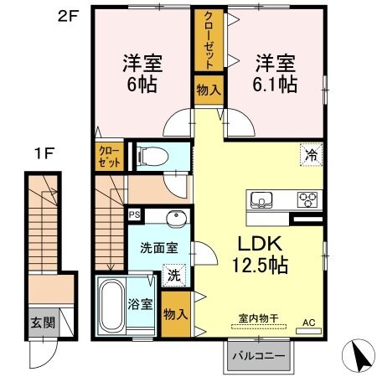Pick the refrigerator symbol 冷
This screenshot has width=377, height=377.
pyautogui.click(x=311, y=154)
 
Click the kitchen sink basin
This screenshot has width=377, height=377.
pyautogui.click(x=260, y=199)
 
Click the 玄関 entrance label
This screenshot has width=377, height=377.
pyautogui.click(x=40, y=321)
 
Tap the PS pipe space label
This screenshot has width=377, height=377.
pyautogui.click(x=133, y=214)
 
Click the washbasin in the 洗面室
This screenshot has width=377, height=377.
pyautogui.click(x=176, y=219)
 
